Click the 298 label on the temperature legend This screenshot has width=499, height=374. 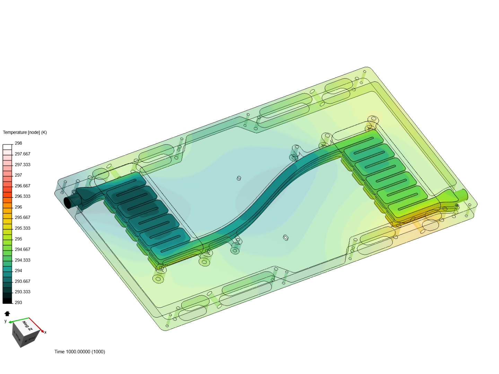[18, 143]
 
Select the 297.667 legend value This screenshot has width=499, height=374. [23, 154]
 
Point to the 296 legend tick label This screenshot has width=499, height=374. [18, 207]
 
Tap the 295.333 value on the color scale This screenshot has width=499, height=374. [23, 228]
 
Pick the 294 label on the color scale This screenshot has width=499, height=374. [18, 271]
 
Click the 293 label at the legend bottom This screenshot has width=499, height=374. [18, 303]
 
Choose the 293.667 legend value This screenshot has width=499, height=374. [23, 282]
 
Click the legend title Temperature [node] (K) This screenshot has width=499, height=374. [25, 132]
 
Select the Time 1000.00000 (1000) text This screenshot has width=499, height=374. [80, 352]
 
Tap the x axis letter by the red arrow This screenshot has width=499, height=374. [45, 332]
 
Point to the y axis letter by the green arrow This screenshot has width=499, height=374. [6, 321]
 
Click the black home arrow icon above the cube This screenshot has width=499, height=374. [7, 314]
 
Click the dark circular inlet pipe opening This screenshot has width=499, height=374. [68, 203]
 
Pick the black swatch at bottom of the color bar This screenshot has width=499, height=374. [7, 300]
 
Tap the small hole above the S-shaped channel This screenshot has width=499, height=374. [239, 178]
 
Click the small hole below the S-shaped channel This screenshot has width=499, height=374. [286, 238]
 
